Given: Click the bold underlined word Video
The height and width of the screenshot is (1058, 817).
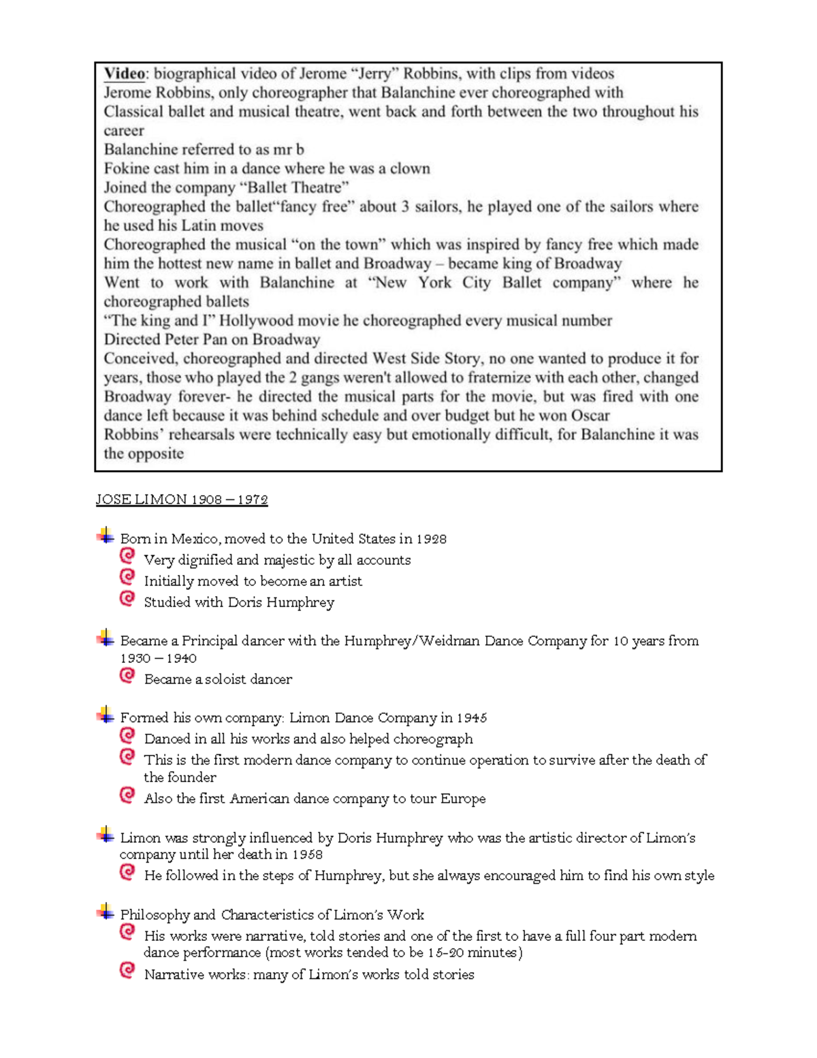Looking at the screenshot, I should [125, 74].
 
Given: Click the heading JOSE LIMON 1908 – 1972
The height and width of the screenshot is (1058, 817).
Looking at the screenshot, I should [182, 499].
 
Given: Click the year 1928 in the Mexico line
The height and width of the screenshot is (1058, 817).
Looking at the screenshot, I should [431, 539].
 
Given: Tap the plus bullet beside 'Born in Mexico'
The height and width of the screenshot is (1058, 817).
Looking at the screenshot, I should [106, 536].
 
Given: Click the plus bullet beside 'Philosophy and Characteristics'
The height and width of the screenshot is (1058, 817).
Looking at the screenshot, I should [106, 912].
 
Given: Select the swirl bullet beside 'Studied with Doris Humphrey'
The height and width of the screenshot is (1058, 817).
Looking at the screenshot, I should [127, 599].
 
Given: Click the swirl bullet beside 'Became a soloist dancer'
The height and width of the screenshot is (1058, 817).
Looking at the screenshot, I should [127, 676].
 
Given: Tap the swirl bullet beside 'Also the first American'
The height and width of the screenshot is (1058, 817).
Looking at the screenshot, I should [127, 795].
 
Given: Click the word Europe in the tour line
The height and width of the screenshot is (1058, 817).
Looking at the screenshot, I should [463, 798].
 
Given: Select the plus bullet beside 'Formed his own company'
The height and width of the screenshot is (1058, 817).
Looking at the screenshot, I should [106, 715].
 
